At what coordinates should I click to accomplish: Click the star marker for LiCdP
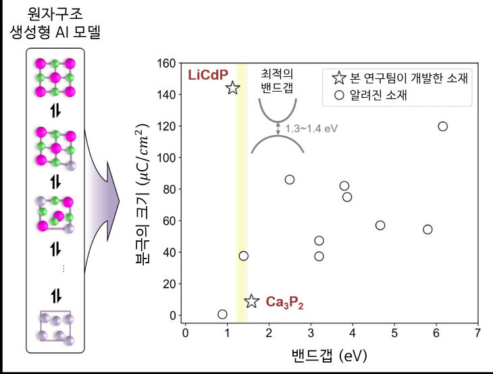(232, 88)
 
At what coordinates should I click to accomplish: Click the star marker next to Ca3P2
(251, 301)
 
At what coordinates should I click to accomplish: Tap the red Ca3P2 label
(284, 302)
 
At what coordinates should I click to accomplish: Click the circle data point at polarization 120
(442, 126)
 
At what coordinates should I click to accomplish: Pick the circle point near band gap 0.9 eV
(222, 314)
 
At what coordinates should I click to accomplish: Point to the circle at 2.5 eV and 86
(290, 180)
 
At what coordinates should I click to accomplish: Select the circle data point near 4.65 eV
(380, 225)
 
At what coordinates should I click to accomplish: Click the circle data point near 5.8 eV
(427, 230)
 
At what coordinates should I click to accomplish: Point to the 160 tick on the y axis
(166, 63)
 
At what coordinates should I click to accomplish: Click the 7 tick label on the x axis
(477, 334)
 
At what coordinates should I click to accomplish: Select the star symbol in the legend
(339, 78)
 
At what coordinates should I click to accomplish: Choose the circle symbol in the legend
(339, 96)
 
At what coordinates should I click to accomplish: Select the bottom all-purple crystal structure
(55, 327)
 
